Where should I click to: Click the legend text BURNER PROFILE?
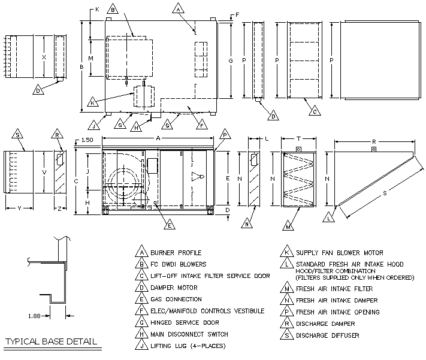click(176, 253)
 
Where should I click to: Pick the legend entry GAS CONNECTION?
click(177, 300)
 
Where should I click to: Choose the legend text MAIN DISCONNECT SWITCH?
click(189, 334)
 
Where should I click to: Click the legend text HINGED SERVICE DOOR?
click(185, 323)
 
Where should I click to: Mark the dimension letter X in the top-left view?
click(43, 58)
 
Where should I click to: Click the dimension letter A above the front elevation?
click(158, 137)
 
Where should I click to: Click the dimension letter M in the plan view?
click(90, 58)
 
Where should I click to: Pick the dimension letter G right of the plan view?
click(230, 61)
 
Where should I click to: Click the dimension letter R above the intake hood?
click(373, 143)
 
